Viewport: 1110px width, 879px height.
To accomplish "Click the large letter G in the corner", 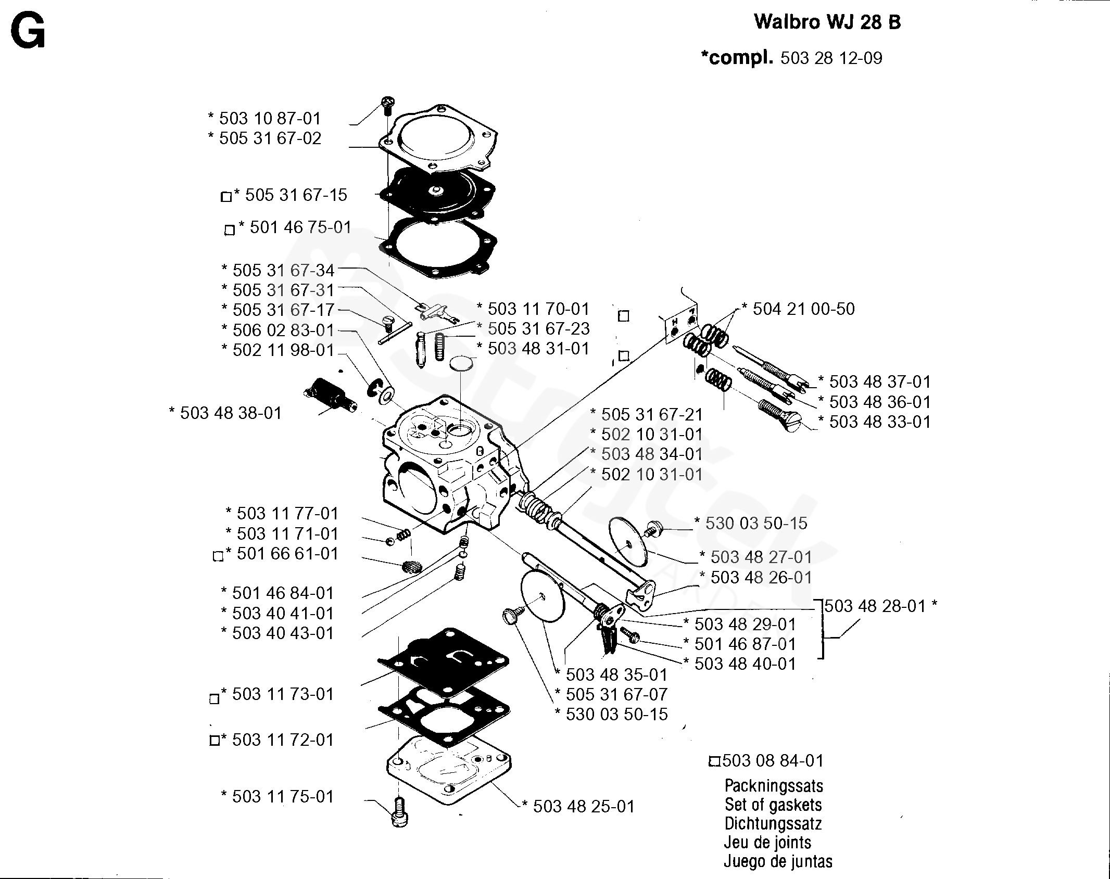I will click(x=28, y=32).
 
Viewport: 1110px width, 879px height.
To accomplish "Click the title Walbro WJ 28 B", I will click(x=827, y=23).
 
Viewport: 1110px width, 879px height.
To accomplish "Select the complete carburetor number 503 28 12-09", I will click(x=831, y=58).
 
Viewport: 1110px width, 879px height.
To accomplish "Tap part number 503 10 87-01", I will click(x=269, y=119).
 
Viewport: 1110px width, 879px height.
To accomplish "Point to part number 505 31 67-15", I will click(x=295, y=195).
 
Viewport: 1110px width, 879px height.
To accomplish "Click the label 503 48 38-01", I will click(x=230, y=413).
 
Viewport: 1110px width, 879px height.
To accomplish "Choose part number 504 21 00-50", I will click(x=803, y=309).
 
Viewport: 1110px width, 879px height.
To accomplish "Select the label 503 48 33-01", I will click(x=879, y=422).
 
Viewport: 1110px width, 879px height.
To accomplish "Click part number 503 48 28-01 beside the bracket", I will click(x=875, y=606).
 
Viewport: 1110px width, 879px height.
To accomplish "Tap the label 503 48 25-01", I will click(x=584, y=807).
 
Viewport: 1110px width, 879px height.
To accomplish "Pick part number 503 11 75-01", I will click(x=282, y=797).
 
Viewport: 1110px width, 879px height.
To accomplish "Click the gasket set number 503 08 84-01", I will click(x=773, y=761).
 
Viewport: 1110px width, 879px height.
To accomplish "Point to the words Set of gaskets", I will click(x=773, y=805).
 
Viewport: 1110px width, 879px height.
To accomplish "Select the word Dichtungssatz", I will click(x=773, y=824).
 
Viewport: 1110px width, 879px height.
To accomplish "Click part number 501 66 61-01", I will click(x=287, y=554).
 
